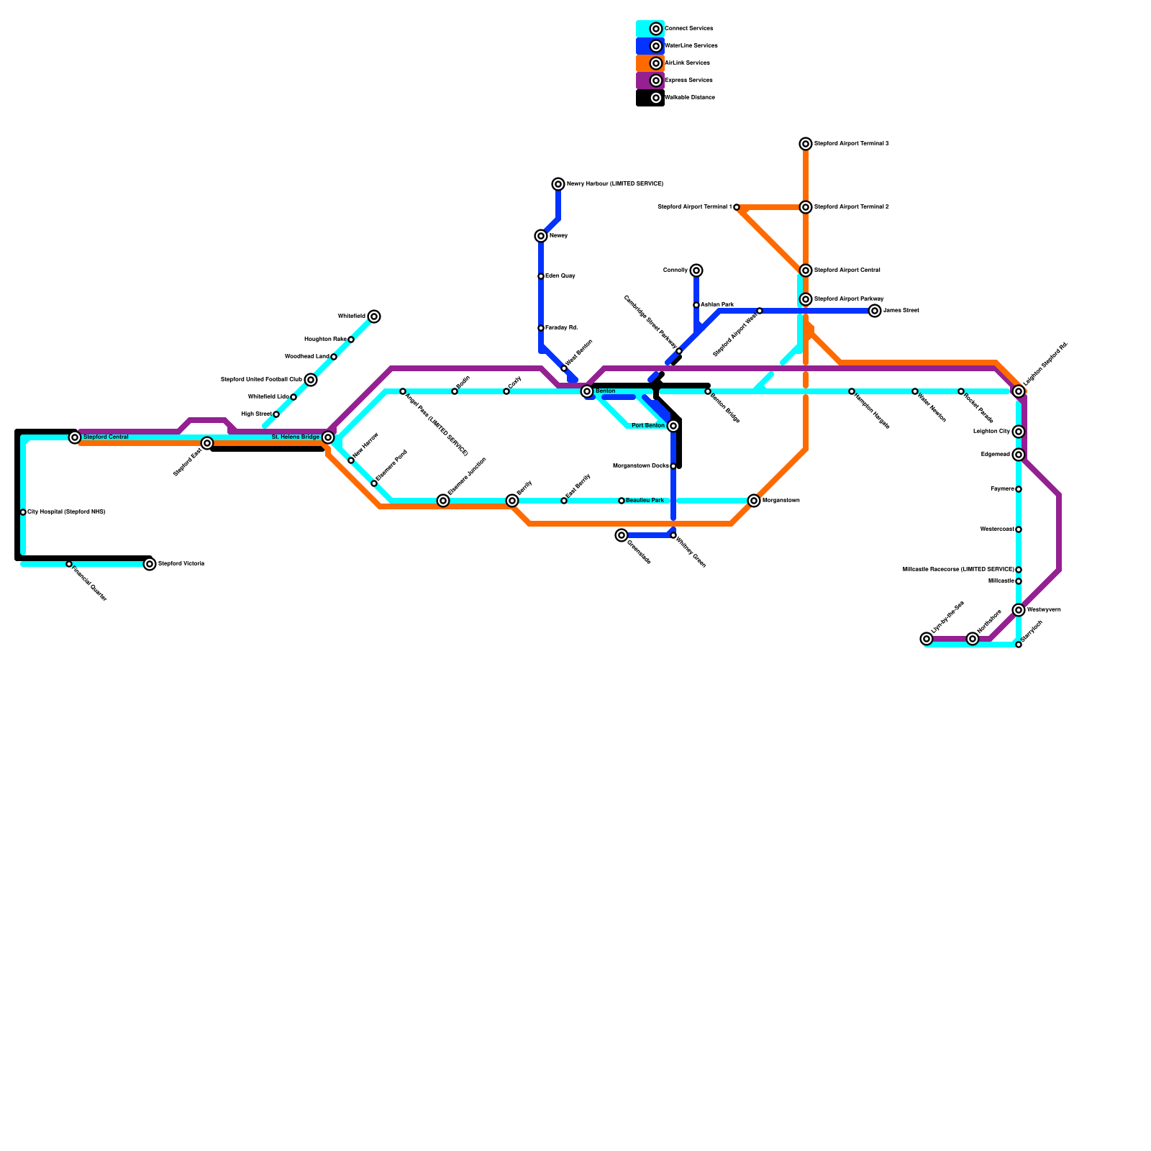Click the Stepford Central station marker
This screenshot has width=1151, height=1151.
(x=75, y=437)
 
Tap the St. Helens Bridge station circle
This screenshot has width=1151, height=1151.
(x=328, y=437)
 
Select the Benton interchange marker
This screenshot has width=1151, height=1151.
(x=587, y=391)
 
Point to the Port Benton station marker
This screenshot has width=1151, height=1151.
(x=673, y=426)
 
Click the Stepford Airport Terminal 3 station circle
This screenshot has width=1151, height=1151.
(x=806, y=144)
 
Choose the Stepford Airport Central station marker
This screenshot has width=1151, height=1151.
(x=806, y=270)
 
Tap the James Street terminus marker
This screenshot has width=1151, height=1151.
(x=875, y=311)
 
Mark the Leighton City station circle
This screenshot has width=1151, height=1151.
(x=1019, y=432)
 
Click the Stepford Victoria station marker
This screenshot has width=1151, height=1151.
(x=150, y=564)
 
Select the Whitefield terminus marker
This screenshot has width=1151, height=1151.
(x=374, y=317)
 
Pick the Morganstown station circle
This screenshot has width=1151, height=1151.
(x=754, y=501)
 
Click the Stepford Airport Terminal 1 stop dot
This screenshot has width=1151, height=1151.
(x=737, y=207)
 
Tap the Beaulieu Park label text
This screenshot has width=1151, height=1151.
(x=645, y=500)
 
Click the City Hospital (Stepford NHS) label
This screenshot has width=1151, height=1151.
(x=66, y=512)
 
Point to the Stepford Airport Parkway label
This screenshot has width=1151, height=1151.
(x=849, y=299)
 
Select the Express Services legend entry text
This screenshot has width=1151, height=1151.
(x=688, y=80)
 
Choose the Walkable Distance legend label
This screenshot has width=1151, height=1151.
(x=690, y=97)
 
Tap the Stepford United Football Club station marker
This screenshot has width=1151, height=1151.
(x=311, y=380)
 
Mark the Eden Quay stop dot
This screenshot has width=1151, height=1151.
(x=541, y=276)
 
